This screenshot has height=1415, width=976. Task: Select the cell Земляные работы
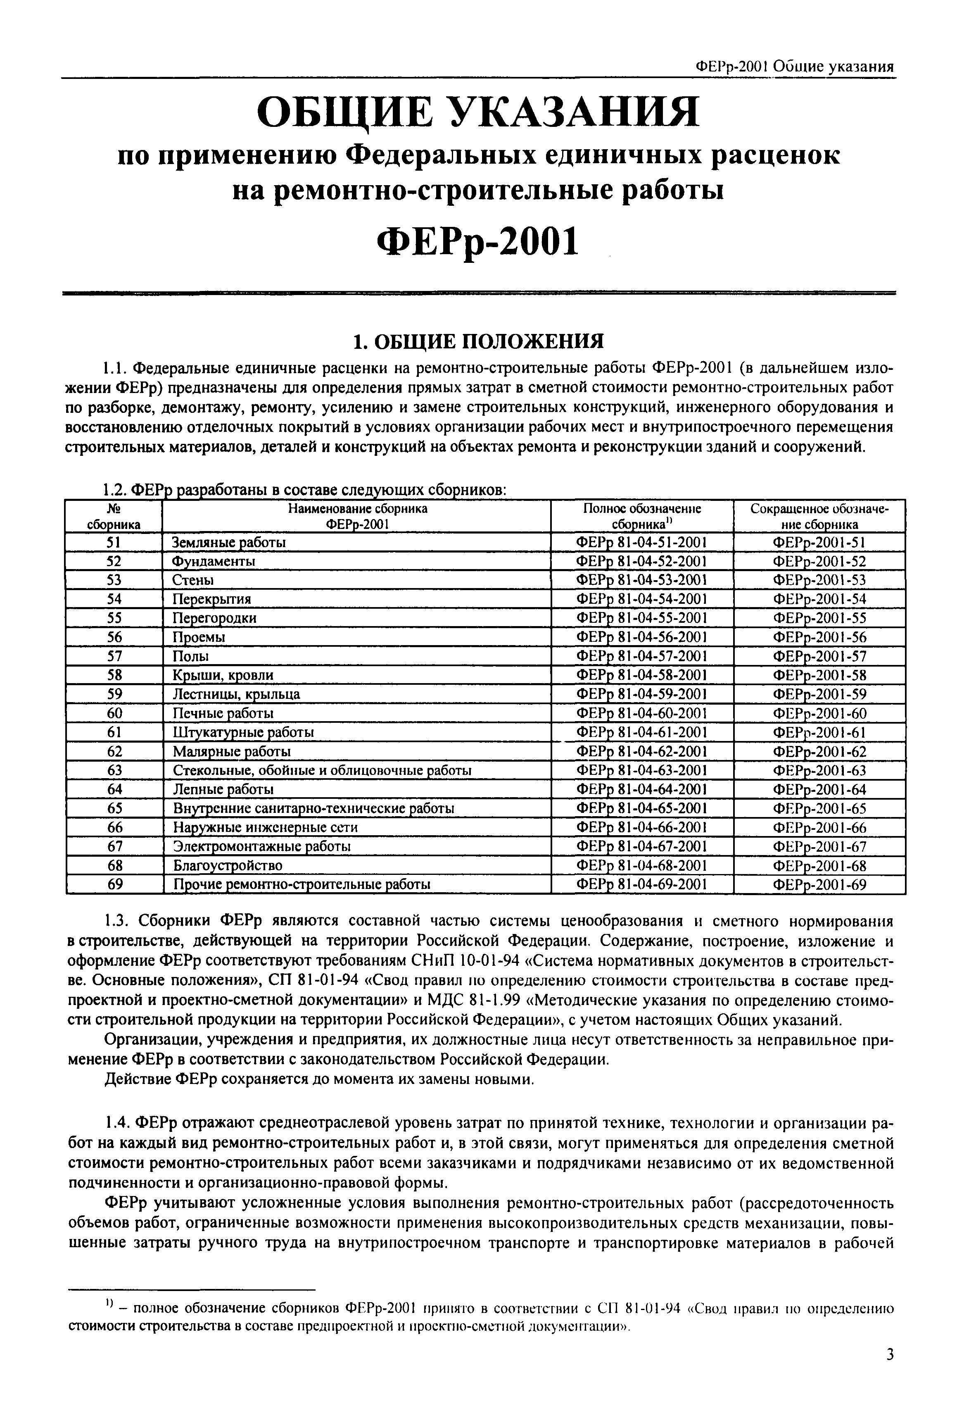pyautogui.click(x=229, y=543)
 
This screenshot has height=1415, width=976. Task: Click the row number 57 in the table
pyautogui.click(x=114, y=656)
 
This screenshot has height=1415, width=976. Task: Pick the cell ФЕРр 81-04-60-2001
pyautogui.click(x=641, y=713)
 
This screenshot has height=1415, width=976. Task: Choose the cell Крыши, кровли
pyautogui.click(x=223, y=675)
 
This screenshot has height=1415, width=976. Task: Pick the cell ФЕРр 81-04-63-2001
pyautogui.click(x=641, y=770)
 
